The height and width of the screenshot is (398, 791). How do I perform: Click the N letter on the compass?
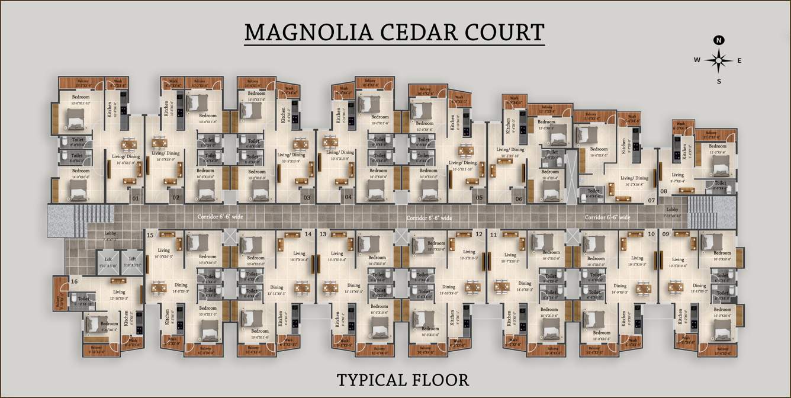[719, 40]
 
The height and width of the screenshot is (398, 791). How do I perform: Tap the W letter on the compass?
[697, 60]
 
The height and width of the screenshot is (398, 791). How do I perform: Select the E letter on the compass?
[739, 60]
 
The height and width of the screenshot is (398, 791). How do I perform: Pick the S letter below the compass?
[719, 81]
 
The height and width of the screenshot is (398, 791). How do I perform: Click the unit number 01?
[136, 198]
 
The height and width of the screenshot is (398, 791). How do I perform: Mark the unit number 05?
[478, 198]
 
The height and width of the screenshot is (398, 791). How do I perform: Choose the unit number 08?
[664, 191]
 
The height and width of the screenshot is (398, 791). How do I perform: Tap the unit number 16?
[74, 281]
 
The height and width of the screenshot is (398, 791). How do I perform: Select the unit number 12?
[478, 235]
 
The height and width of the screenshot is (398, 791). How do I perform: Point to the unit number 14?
[308, 235]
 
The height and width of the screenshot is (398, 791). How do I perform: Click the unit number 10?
[651, 235]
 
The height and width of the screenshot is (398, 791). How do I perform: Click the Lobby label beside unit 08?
[672, 210]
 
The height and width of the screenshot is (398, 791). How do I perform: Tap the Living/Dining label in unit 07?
[635, 178]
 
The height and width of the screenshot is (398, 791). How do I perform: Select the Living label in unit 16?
[119, 292]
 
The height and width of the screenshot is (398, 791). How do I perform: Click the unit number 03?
[307, 198]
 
